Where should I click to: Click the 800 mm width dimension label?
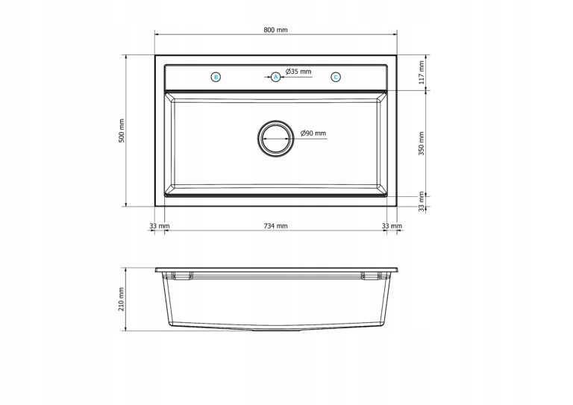coord(275,30)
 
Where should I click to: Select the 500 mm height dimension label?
coord(122,131)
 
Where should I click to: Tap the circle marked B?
coord(216,77)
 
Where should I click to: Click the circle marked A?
coord(276,77)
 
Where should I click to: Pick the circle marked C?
coord(336,77)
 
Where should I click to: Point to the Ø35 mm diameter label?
coord(298,72)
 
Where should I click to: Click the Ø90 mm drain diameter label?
coord(313,134)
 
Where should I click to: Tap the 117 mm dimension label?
coord(422,72)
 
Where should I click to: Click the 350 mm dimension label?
coord(422,143)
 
